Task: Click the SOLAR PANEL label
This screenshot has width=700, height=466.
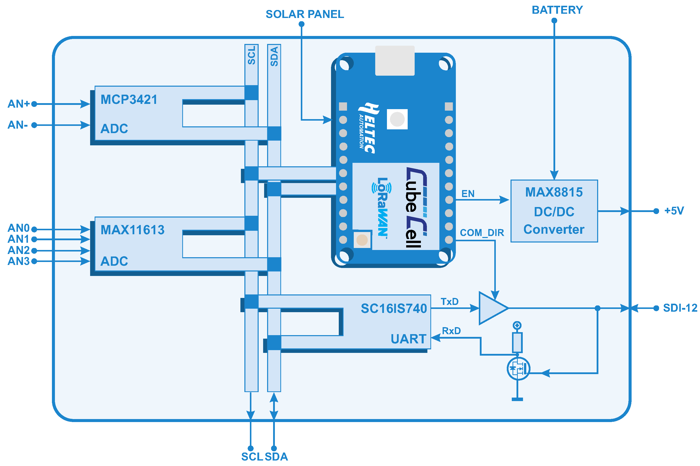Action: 305,14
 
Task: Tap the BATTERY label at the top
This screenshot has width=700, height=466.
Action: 557,10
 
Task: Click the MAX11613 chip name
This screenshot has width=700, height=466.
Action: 133,230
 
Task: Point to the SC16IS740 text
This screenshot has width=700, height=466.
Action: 394,308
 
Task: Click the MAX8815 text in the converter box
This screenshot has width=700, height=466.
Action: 554,192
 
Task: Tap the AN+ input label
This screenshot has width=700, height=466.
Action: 18,104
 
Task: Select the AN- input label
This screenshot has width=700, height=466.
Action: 17,125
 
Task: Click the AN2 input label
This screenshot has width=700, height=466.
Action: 18,250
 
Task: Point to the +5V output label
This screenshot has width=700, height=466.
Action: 674,211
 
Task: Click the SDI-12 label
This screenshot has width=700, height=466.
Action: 680,308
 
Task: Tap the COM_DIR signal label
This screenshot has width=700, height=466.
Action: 482,233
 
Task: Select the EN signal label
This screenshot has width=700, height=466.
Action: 468,194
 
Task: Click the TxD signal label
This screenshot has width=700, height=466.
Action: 449,302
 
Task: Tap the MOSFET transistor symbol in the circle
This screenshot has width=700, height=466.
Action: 518,369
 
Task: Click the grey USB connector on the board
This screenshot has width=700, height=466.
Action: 395,61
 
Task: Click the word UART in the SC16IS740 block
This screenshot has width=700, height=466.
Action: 408,339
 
